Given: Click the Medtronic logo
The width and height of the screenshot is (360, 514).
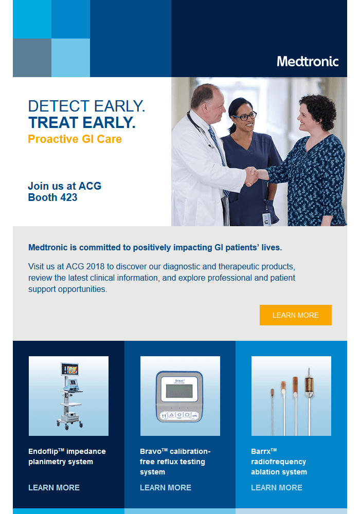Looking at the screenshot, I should [308, 62].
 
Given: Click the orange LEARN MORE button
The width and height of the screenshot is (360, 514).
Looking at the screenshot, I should [295, 315].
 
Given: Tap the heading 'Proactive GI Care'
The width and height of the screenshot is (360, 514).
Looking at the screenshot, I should [75, 139].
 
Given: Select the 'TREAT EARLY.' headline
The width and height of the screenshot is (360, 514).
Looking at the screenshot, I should [82, 122].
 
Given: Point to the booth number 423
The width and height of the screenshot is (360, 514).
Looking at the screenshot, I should [67, 197].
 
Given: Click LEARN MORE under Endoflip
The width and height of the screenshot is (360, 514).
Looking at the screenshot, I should [54, 487].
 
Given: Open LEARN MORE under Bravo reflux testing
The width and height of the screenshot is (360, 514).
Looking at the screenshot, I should [166, 487].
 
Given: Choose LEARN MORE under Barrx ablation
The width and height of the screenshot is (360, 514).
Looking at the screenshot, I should [277, 487].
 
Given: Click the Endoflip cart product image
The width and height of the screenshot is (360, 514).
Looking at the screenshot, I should [68, 396].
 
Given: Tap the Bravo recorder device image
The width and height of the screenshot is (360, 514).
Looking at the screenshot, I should [180, 396].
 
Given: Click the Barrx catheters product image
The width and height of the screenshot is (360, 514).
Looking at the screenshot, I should [291, 396].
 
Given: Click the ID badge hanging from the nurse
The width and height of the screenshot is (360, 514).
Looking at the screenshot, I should [266, 218].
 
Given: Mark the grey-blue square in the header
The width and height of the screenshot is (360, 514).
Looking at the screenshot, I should [32, 58].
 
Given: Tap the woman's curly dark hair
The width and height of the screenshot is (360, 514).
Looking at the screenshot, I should [319, 108].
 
